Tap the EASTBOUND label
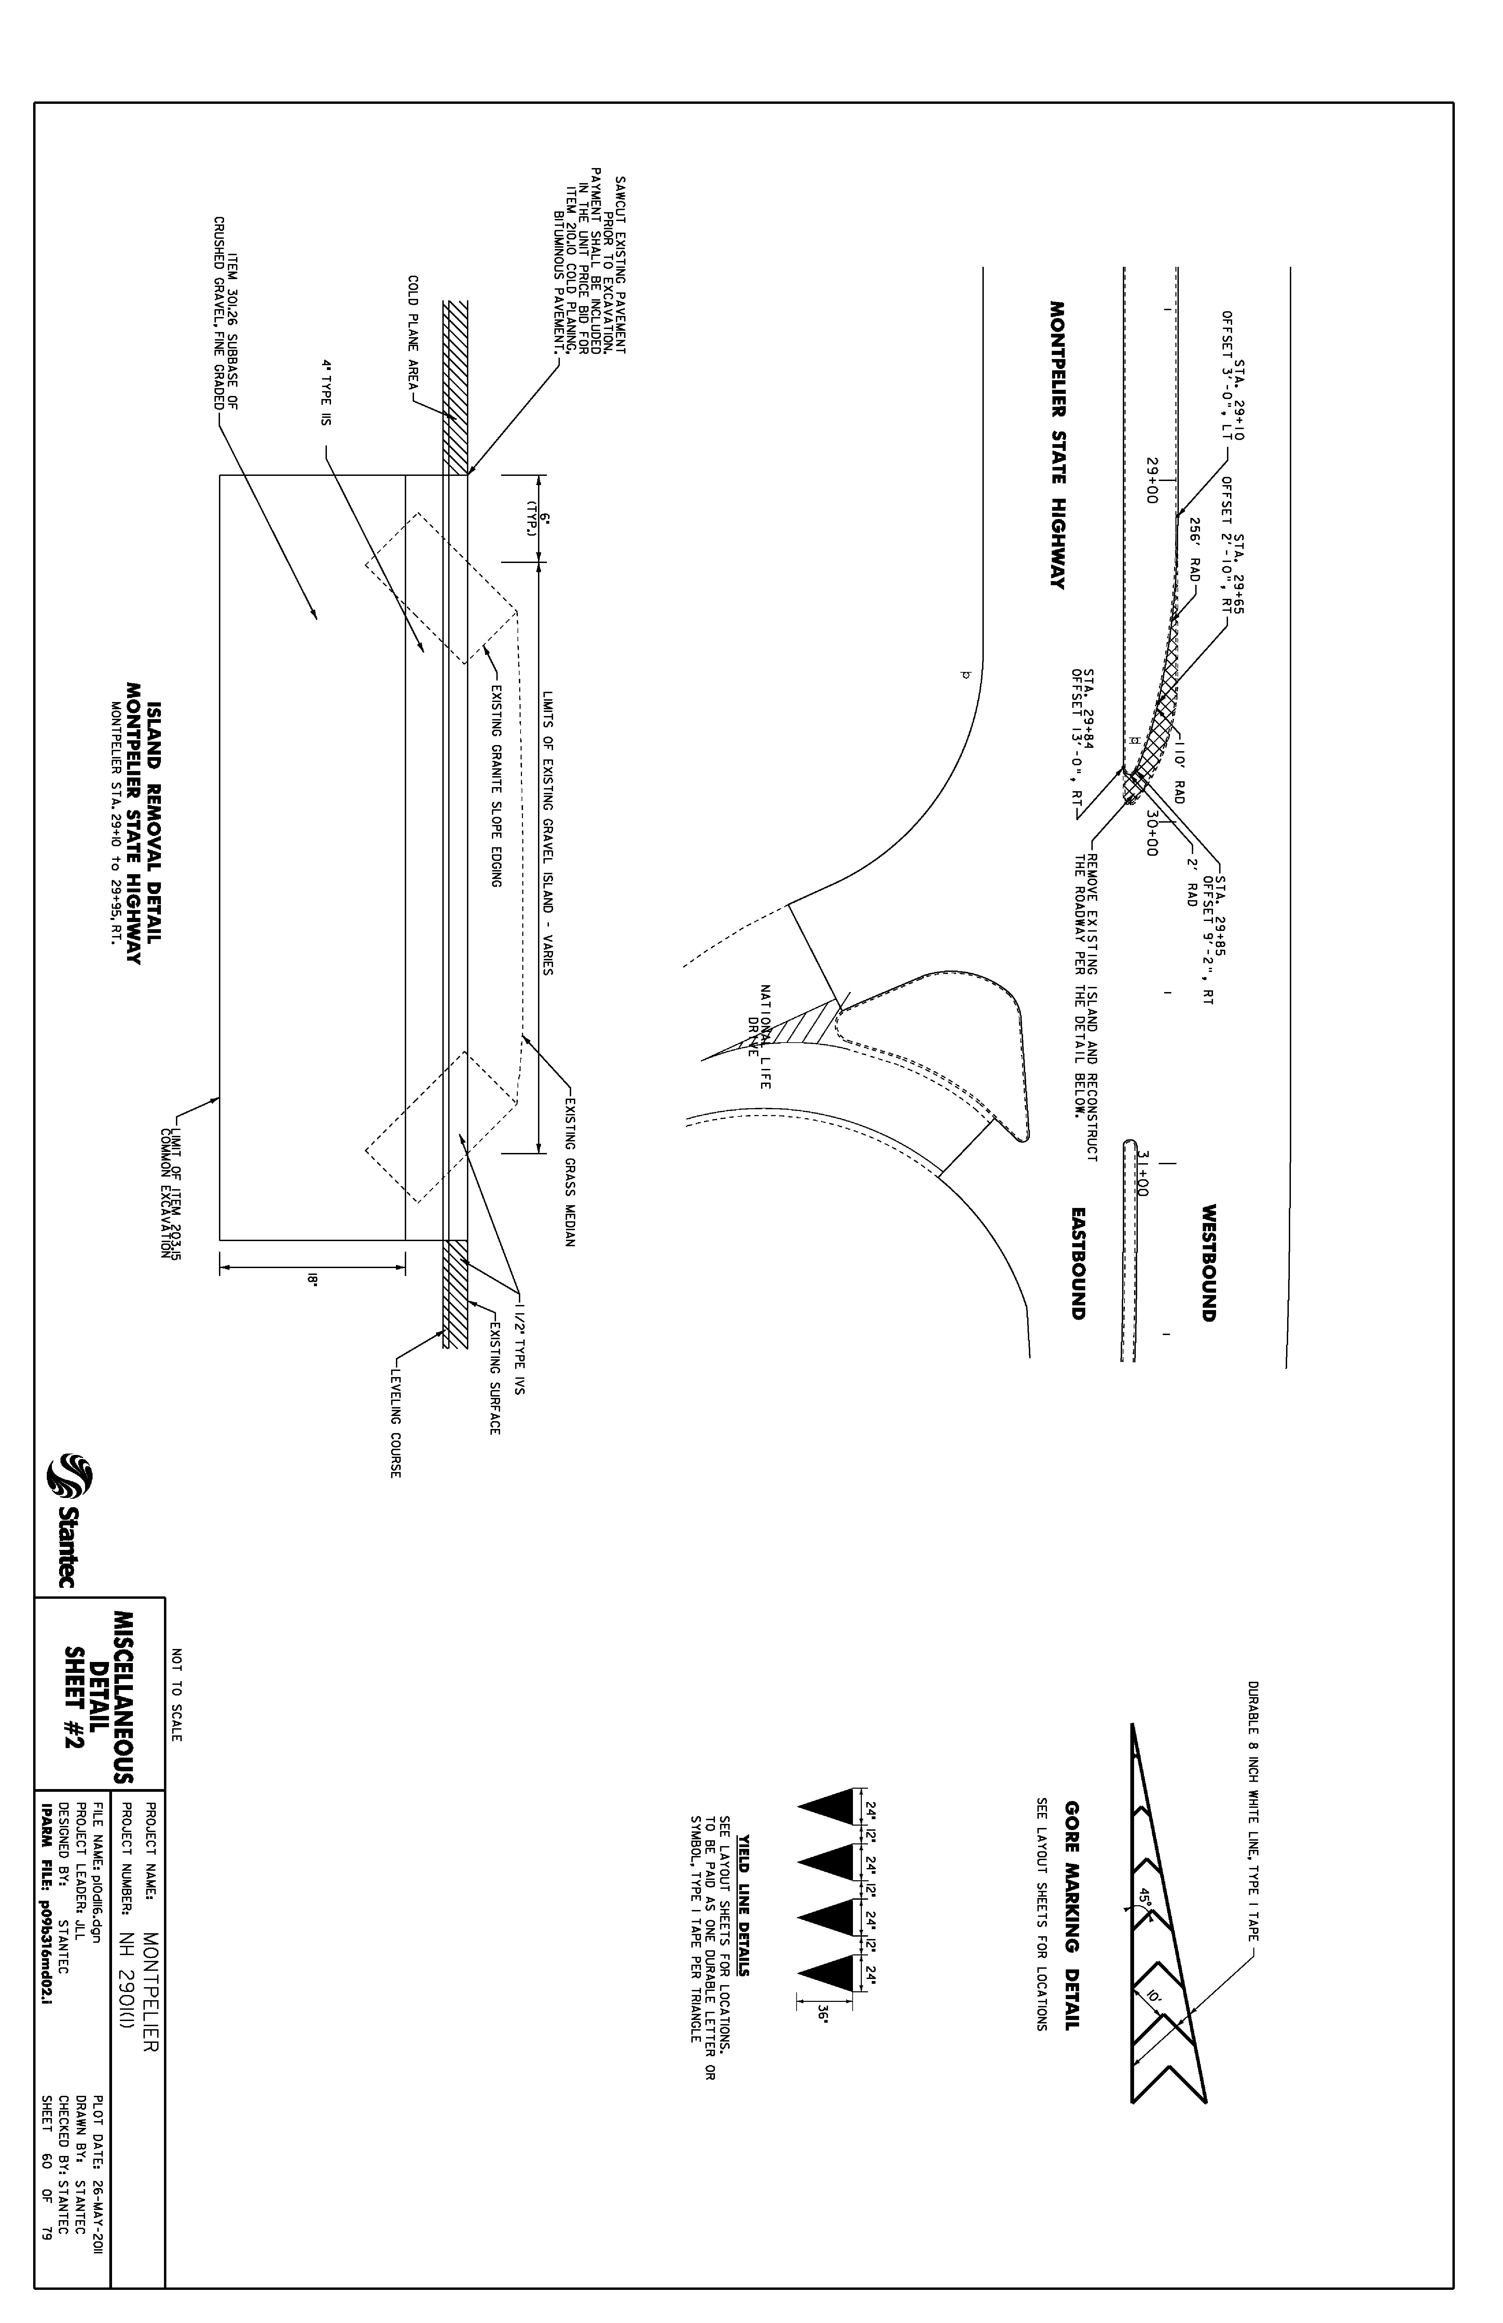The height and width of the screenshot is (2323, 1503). [x=1077, y=1264]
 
